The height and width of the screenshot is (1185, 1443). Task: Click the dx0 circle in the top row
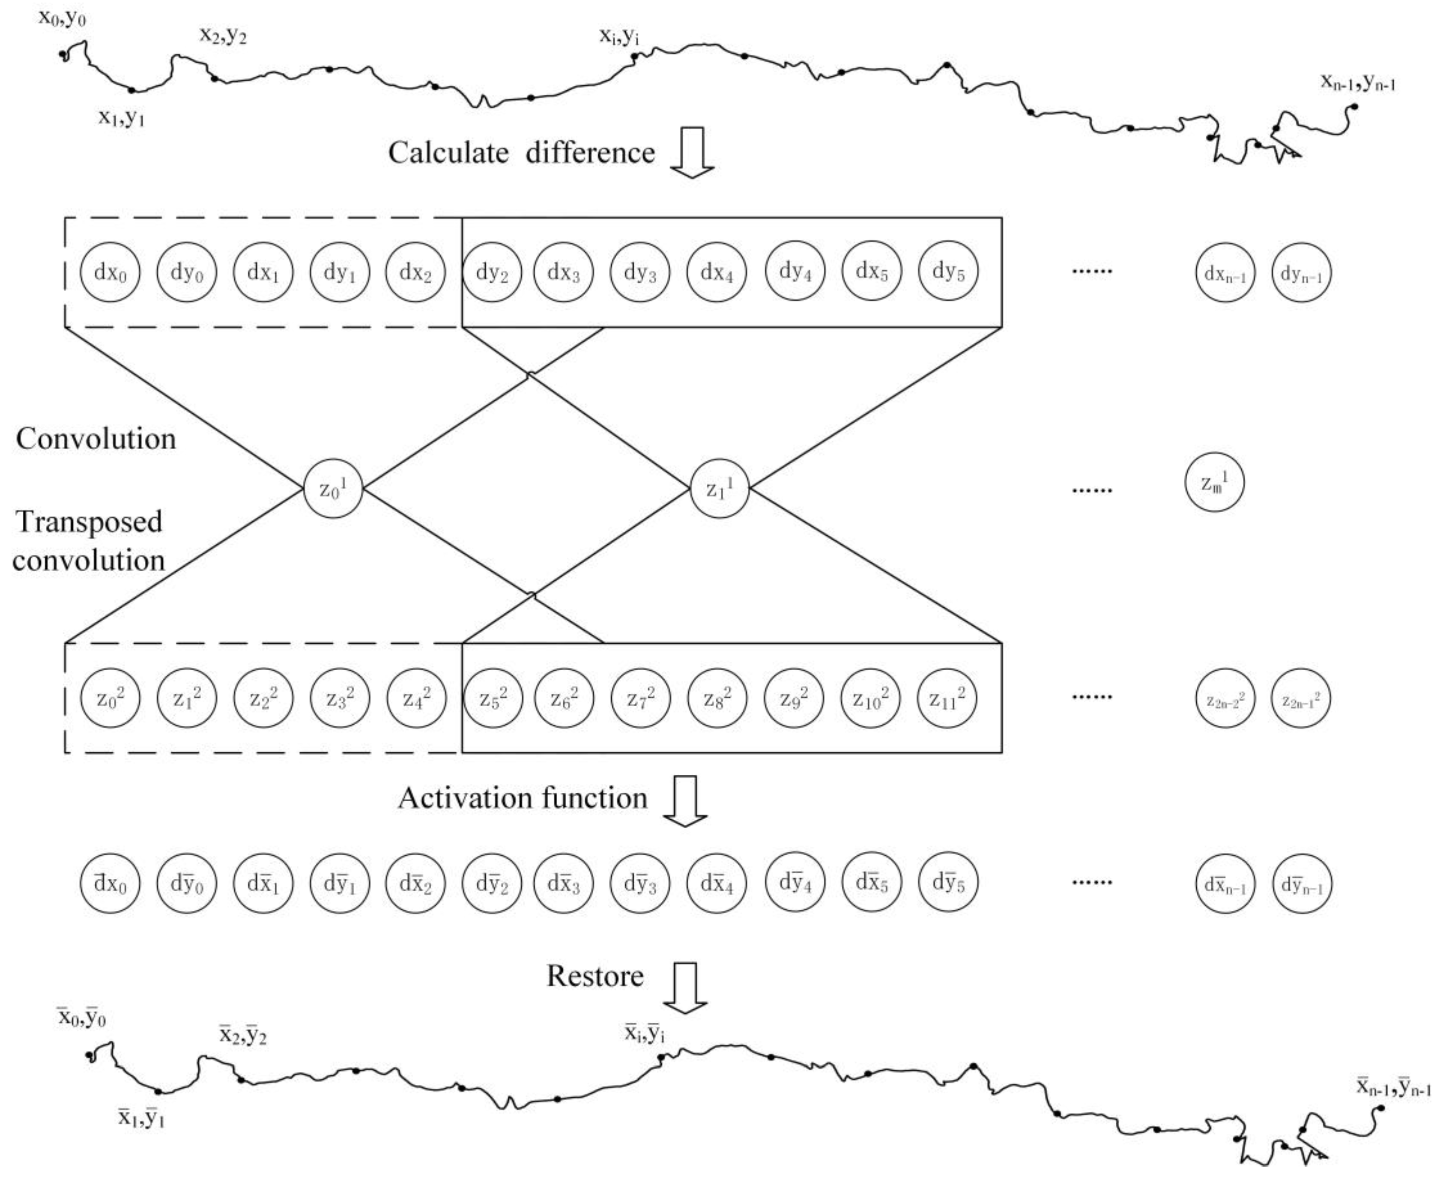[x=110, y=272]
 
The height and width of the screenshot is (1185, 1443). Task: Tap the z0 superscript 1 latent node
[x=333, y=489]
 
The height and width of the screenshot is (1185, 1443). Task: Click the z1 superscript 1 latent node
[x=720, y=489]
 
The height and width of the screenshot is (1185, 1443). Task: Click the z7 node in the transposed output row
[x=640, y=698]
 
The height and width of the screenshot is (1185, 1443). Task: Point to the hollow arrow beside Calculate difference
[x=691, y=152]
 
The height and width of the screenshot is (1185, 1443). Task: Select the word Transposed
[x=89, y=522]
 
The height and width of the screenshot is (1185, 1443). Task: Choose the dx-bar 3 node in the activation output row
[x=563, y=883]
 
